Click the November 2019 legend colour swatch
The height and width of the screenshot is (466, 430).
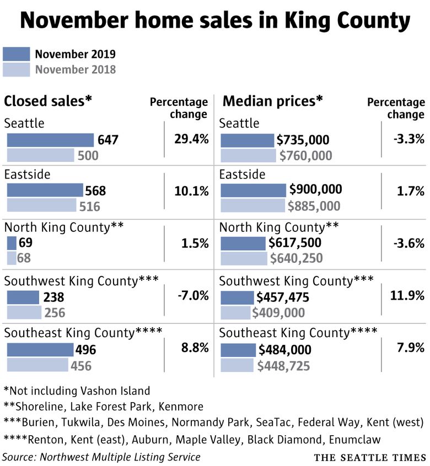[x=16, y=54]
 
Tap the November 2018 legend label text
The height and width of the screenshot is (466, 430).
[x=76, y=69]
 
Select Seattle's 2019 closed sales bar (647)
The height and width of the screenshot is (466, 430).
[x=50, y=140]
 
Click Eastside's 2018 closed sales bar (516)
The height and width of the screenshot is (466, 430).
[x=41, y=205]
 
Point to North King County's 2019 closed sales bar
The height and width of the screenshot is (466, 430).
[x=12, y=242]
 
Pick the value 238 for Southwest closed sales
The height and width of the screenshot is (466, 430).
[x=53, y=298]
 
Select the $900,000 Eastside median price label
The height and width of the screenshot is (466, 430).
[x=316, y=190]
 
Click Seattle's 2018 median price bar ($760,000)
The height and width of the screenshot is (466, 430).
[x=248, y=155]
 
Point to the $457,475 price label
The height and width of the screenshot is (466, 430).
[x=283, y=298]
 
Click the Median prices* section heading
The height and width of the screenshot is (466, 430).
[x=272, y=101]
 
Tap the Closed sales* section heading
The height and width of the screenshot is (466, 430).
[x=48, y=101]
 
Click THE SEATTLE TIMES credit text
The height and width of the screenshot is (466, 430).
[x=370, y=458]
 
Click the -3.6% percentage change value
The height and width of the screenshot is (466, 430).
[x=409, y=243]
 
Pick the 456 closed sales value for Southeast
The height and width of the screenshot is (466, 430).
[x=80, y=366]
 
